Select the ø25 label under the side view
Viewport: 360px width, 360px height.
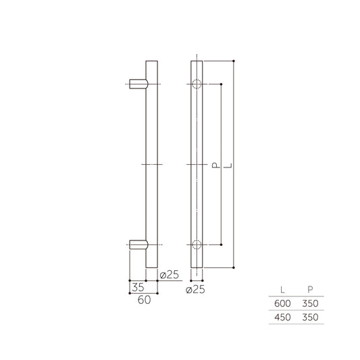click(169, 274)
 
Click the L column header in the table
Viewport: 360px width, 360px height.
click(282, 289)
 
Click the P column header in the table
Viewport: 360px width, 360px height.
click(309, 289)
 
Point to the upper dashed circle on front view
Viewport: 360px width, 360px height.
click(196, 84)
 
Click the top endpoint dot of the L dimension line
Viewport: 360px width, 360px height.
click(234, 60)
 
